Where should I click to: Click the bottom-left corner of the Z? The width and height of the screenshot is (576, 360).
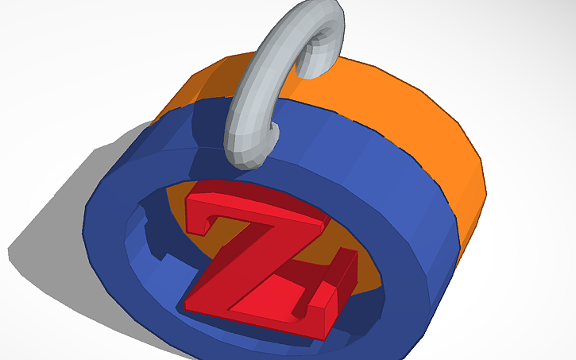(187, 305)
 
